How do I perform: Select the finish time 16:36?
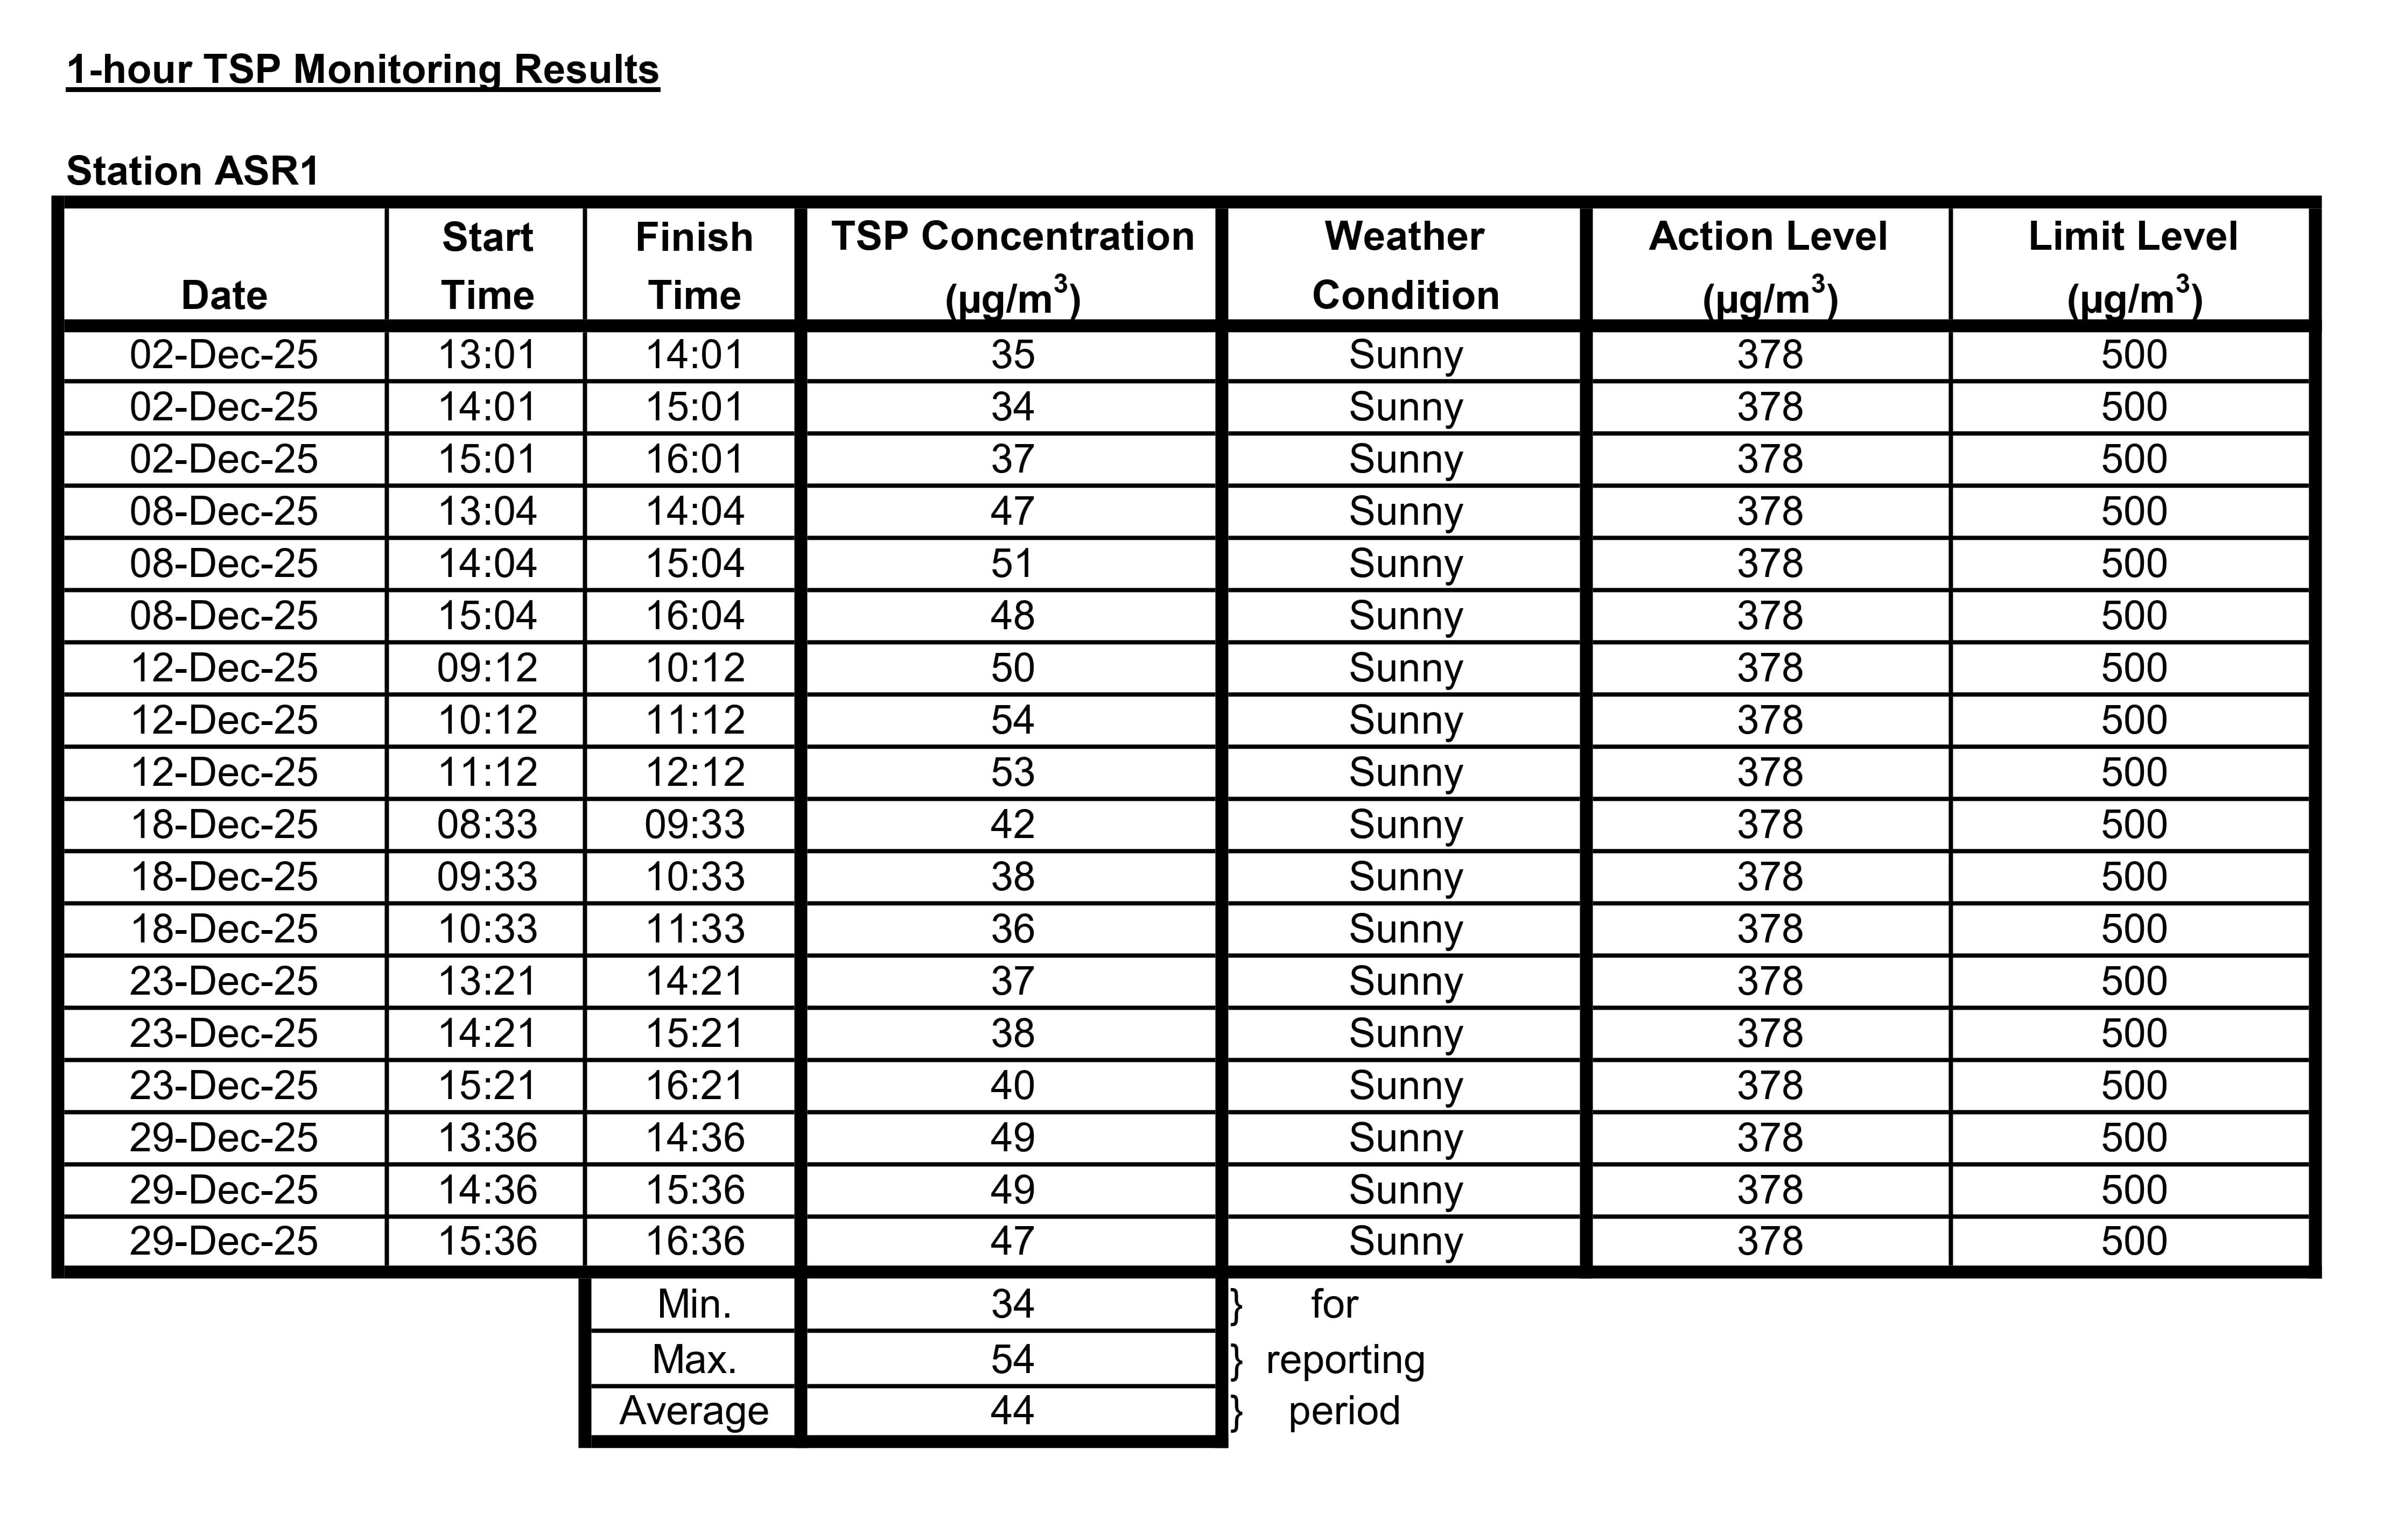[x=695, y=1241]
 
